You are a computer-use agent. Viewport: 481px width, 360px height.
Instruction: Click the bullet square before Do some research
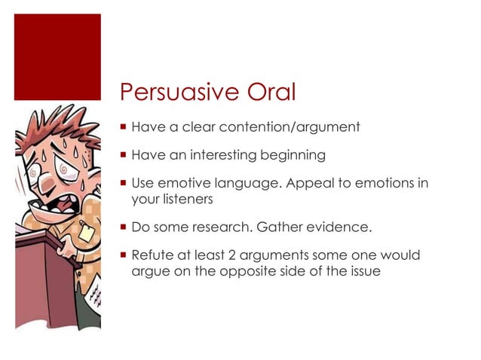point(123,227)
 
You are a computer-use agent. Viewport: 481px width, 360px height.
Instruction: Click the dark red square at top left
point(57,56)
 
